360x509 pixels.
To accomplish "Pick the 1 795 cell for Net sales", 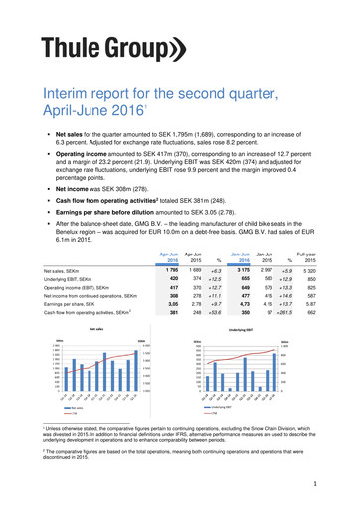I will pos(171,269).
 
